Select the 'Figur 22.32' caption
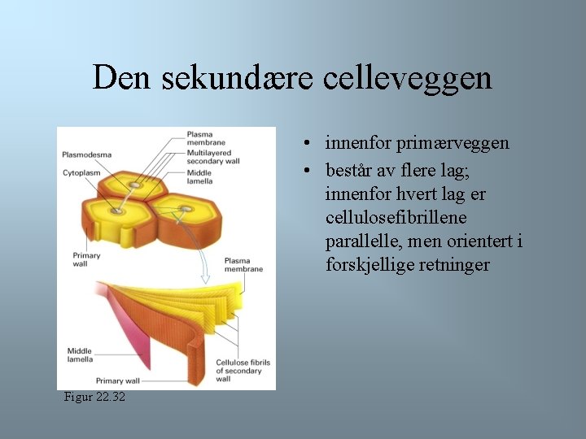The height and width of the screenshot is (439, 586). [x=95, y=397]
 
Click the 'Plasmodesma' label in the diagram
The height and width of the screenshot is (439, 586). [x=87, y=154]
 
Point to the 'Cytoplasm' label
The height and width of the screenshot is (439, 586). [x=81, y=172]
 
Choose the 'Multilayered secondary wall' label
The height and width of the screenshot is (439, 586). [x=213, y=157]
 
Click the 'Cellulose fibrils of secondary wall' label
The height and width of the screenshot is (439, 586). [x=243, y=371]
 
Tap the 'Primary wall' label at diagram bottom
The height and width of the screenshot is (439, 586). [x=118, y=380]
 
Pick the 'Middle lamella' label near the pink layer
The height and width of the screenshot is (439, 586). [x=80, y=354]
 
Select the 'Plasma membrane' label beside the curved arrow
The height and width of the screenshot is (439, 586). [x=243, y=265]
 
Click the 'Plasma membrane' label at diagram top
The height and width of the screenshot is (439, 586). [x=206, y=138]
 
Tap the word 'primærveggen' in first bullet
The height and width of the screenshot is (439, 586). [x=453, y=143]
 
